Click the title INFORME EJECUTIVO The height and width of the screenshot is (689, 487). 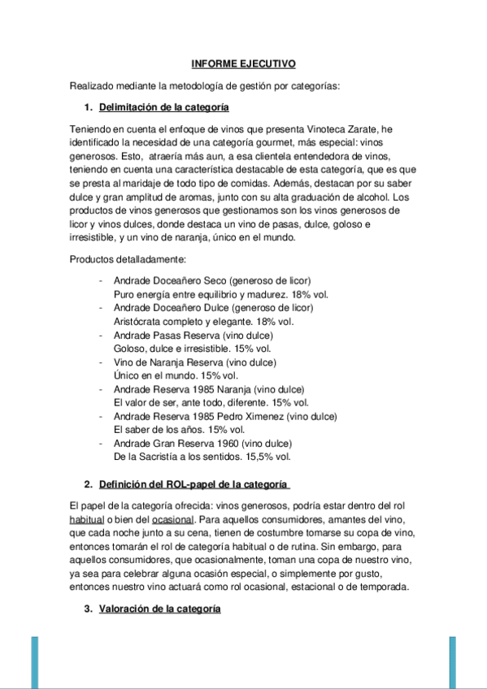point(243,63)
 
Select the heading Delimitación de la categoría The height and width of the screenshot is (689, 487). point(163,106)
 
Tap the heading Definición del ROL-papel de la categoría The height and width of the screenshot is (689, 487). point(193,485)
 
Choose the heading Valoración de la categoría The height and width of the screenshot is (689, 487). point(160,609)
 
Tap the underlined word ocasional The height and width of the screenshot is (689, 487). point(172,519)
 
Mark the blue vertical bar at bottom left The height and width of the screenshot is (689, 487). point(35,662)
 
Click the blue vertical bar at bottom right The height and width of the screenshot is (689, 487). point(452,662)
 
